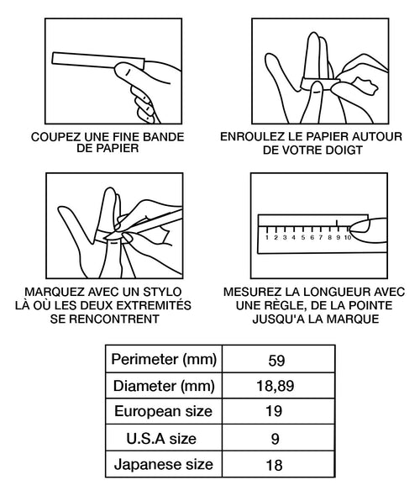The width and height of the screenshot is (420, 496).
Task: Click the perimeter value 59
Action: click(x=276, y=360)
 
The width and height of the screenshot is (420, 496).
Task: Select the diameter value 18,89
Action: click(x=276, y=386)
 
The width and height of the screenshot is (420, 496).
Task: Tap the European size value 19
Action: click(x=274, y=411)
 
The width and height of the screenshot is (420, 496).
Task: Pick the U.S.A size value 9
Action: click(x=275, y=439)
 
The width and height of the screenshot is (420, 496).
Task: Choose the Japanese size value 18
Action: click(x=274, y=466)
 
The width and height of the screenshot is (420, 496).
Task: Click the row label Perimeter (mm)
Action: click(x=164, y=360)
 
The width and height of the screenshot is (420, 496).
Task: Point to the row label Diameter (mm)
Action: click(x=164, y=386)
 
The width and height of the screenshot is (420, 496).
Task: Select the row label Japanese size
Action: click(x=164, y=465)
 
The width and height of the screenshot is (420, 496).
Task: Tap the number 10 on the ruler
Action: click(x=348, y=238)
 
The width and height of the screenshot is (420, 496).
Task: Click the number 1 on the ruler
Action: click(x=267, y=238)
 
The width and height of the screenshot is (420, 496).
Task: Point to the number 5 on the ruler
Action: click(x=303, y=238)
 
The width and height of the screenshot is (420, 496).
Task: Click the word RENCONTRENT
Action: click(x=114, y=319)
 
